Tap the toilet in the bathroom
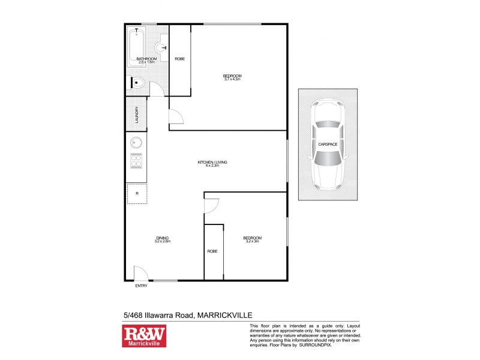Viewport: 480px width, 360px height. pyautogui.click(x=137, y=83)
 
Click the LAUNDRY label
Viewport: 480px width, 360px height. pyautogui.click(x=137, y=114)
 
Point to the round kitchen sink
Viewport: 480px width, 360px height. pyautogui.click(x=136, y=143)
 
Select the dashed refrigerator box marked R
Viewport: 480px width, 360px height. pyautogui.click(x=137, y=193)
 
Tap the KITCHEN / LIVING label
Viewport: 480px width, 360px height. pyautogui.click(x=212, y=163)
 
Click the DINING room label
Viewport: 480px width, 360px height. pyautogui.click(x=161, y=239)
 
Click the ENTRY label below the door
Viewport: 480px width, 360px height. pyautogui.click(x=141, y=286)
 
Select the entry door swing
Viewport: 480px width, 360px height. pyautogui.click(x=140, y=274)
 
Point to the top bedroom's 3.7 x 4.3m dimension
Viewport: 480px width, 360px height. pyautogui.click(x=232, y=79)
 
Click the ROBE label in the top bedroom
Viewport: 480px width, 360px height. pyautogui.click(x=179, y=59)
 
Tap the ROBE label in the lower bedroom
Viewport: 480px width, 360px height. pyautogui.click(x=212, y=251)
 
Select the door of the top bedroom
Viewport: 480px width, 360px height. pyautogui.click(x=176, y=119)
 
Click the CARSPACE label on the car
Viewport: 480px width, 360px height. pyautogui.click(x=328, y=145)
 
